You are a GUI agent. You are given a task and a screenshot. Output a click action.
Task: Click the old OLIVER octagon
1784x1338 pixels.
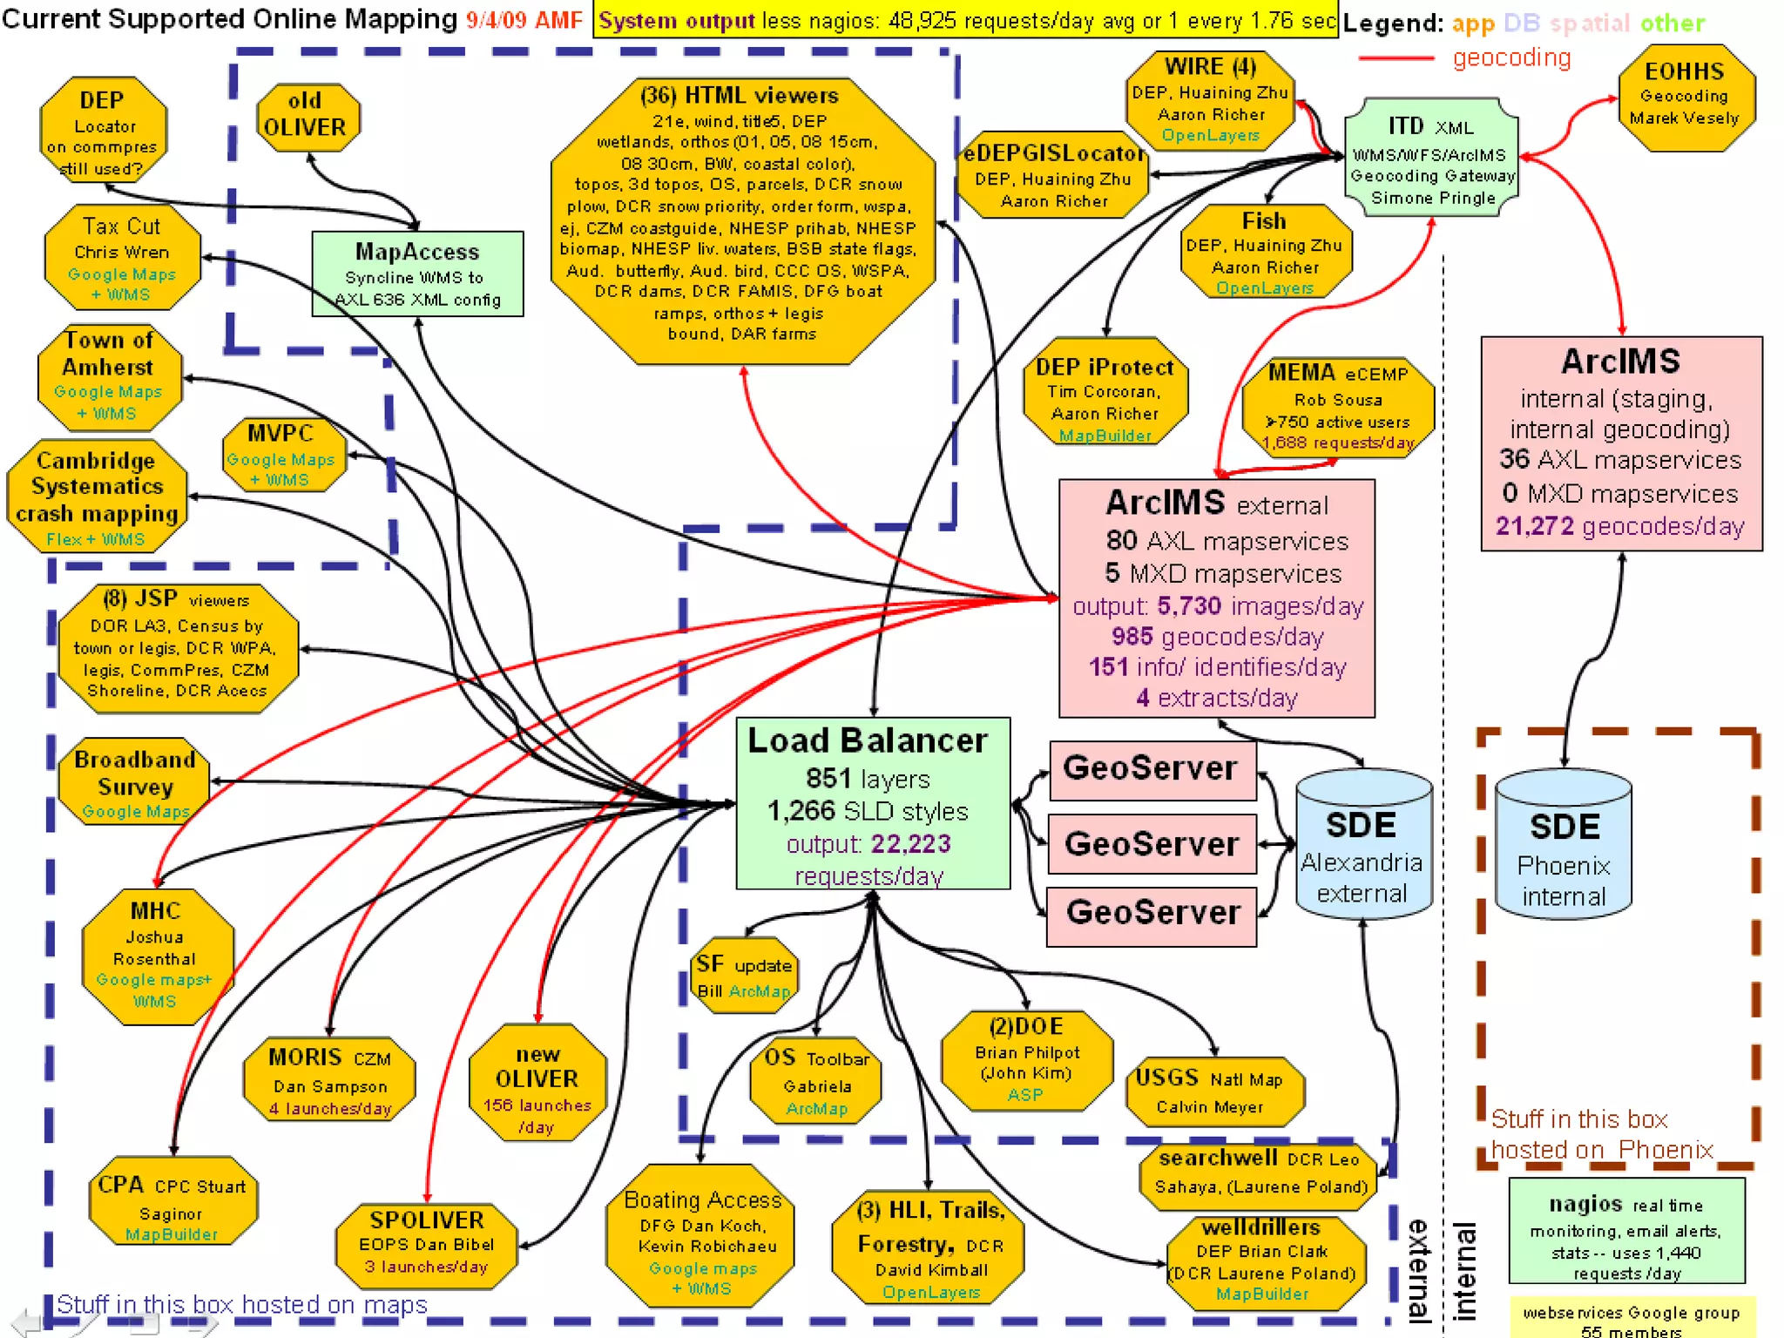[306, 115]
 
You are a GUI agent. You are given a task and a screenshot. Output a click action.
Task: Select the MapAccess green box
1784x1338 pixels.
[417, 274]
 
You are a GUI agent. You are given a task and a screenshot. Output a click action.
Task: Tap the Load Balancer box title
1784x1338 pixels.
[868, 740]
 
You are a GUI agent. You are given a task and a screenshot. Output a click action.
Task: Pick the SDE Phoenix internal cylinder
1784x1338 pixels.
[1564, 845]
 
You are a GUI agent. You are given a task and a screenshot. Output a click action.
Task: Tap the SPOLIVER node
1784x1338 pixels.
[427, 1242]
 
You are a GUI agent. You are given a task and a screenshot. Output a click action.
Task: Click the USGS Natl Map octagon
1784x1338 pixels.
[1212, 1091]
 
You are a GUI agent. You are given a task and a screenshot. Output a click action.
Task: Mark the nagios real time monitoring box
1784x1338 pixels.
[1626, 1231]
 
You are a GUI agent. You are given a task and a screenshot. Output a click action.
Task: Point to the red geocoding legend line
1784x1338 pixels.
[1395, 58]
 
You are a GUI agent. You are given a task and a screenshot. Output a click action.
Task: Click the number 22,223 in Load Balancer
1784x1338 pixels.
[910, 843]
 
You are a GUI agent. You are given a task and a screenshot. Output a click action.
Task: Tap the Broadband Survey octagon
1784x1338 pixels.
[135, 780]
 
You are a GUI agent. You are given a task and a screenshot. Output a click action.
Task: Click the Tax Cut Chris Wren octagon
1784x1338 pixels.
[122, 258]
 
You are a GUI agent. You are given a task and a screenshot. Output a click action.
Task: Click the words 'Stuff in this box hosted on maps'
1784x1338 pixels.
[242, 1304]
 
